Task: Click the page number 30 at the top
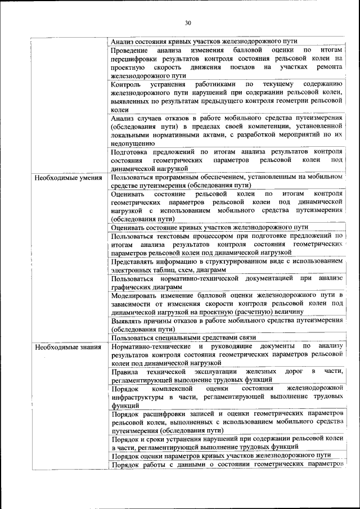[x=188, y=23]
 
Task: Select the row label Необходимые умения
[x=68, y=178]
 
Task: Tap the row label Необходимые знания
[x=67, y=346]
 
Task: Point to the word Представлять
[x=133, y=262]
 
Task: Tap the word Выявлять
[x=128, y=320]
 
